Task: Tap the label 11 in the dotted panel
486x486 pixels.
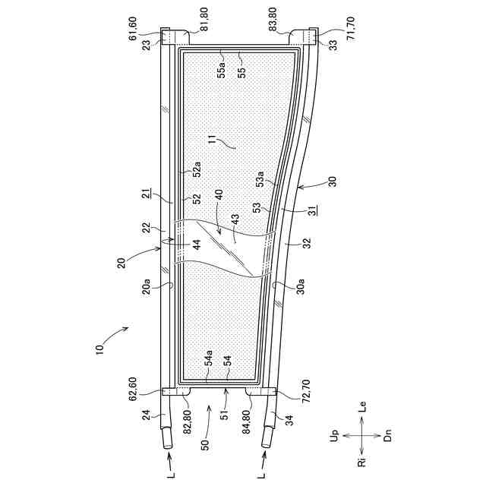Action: tap(213, 144)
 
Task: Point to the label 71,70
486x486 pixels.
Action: tap(351, 28)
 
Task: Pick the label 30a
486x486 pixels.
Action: tap(301, 286)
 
